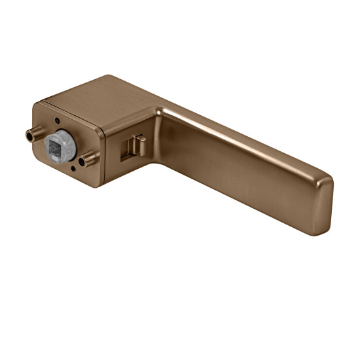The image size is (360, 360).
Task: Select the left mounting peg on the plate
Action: (33, 135)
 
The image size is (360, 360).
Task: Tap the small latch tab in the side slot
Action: (136, 145)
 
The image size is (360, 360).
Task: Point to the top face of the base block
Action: (105, 98)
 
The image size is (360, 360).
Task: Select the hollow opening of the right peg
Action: (83, 160)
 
